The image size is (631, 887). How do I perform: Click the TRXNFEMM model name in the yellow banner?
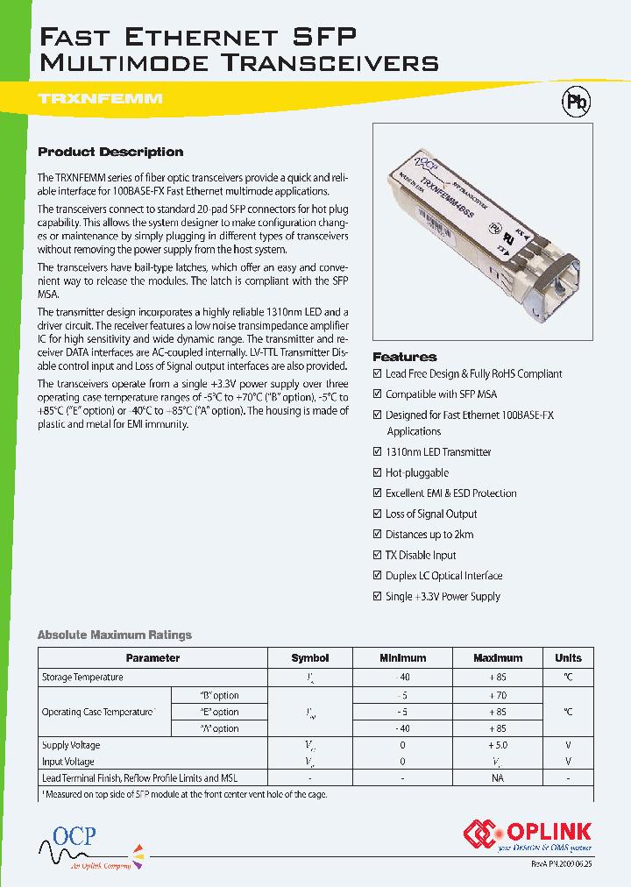pos(101,99)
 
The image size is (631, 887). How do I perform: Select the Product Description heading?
pos(110,152)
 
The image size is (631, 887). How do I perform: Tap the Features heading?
pos(404,357)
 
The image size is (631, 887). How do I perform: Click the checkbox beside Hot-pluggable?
pos(378,473)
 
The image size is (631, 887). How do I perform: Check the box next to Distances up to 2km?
pos(378,535)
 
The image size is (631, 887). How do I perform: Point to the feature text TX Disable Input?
pos(421,556)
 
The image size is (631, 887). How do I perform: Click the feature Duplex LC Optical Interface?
pos(443,576)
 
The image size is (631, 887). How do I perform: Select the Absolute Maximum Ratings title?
pos(114,635)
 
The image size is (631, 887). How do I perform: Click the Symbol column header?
pos(310,657)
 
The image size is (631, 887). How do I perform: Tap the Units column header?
pos(568,657)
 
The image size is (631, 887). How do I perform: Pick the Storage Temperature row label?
pos(82,677)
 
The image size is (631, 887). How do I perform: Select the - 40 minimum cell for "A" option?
pos(402,728)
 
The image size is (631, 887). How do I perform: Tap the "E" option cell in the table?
pos(219,712)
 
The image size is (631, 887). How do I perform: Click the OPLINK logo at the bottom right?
pos(528,834)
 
